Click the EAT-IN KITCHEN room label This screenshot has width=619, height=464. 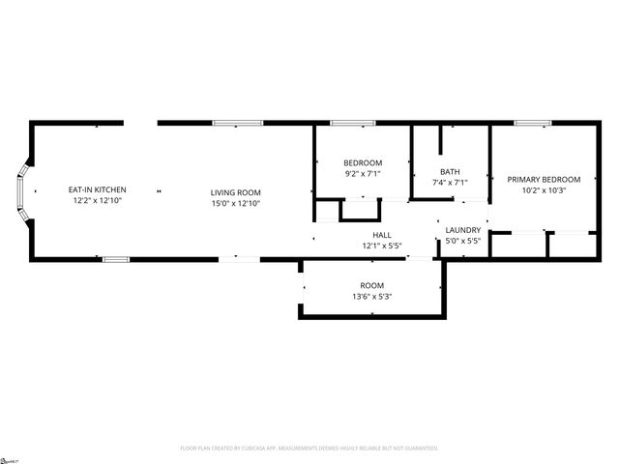[x=97, y=189]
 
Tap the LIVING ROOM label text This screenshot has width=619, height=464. [x=236, y=192]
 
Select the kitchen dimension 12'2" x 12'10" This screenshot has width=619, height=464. [x=97, y=201]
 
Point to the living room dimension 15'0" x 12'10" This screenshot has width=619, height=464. [x=236, y=204]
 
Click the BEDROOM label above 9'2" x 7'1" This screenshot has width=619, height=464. [x=363, y=162]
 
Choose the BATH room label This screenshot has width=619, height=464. [x=450, y=171]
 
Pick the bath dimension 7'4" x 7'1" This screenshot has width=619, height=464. [x=450, y=183]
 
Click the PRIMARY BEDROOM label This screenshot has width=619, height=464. [x=544, y=179]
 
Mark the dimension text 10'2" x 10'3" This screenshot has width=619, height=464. [x=544, y=190]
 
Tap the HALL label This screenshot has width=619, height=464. [x=382, y=235]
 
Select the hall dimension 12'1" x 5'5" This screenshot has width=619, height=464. [x=382, y=246]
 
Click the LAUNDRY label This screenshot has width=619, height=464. [x=463, y=229]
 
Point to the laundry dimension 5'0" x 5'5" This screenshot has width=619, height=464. [x=463, y=241]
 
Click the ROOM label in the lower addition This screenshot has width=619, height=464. [x=372, y=285]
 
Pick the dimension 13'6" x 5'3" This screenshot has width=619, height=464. [x=372, y=297]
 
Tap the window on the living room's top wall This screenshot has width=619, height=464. [x=237, y=123]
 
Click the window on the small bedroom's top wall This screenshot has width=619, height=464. [x=346, y=123]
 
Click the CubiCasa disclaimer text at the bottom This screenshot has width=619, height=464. [x=309, y=449]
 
